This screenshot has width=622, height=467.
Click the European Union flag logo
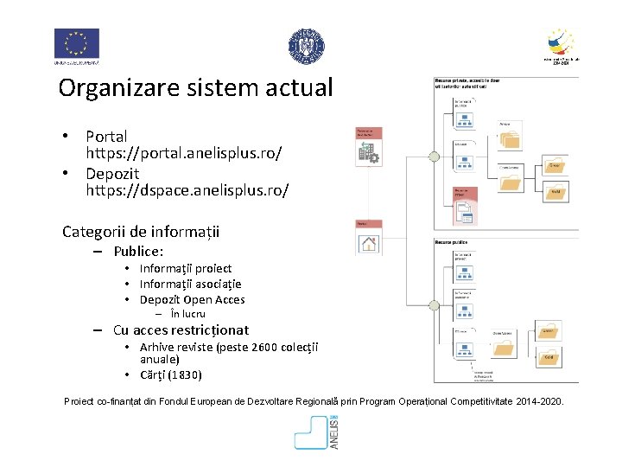point(77,44)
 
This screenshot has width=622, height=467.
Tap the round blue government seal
point(306,46)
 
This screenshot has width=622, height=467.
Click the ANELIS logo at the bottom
point(316,432)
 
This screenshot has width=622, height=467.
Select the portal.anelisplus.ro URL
point(184,152)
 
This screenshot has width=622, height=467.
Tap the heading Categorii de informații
point(141,232)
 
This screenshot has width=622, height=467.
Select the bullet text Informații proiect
point(186,268)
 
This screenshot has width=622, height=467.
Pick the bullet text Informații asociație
point(191,284)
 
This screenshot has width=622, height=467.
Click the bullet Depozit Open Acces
point(193,299)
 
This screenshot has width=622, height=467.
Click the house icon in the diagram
point(370,244)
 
